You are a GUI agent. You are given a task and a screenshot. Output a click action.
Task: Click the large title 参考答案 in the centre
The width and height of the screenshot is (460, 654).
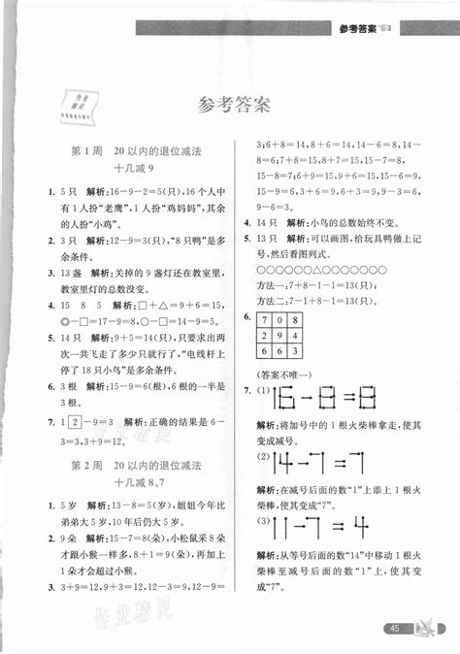[x=229, y=104]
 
